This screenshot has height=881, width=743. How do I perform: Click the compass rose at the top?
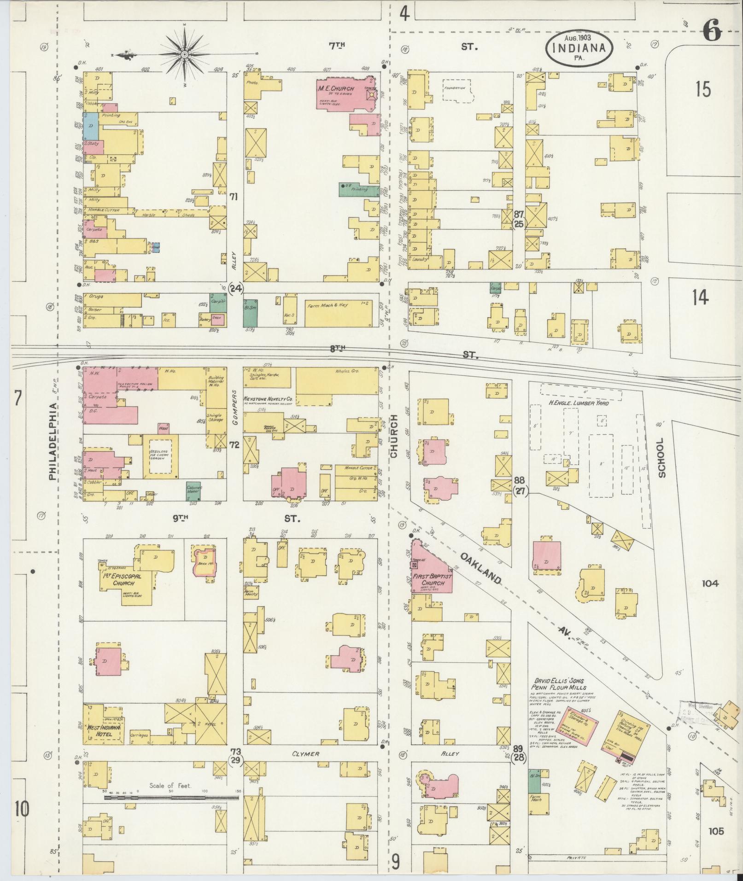tap(184, 54)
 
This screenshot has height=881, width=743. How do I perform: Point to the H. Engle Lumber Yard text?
tap(578, 403)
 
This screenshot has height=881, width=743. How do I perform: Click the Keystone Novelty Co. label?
tap(269, 385)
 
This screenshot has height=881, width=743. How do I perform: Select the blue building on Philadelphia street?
tap(90, 127)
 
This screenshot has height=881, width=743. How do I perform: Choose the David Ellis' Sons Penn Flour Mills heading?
tap(559, 684)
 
